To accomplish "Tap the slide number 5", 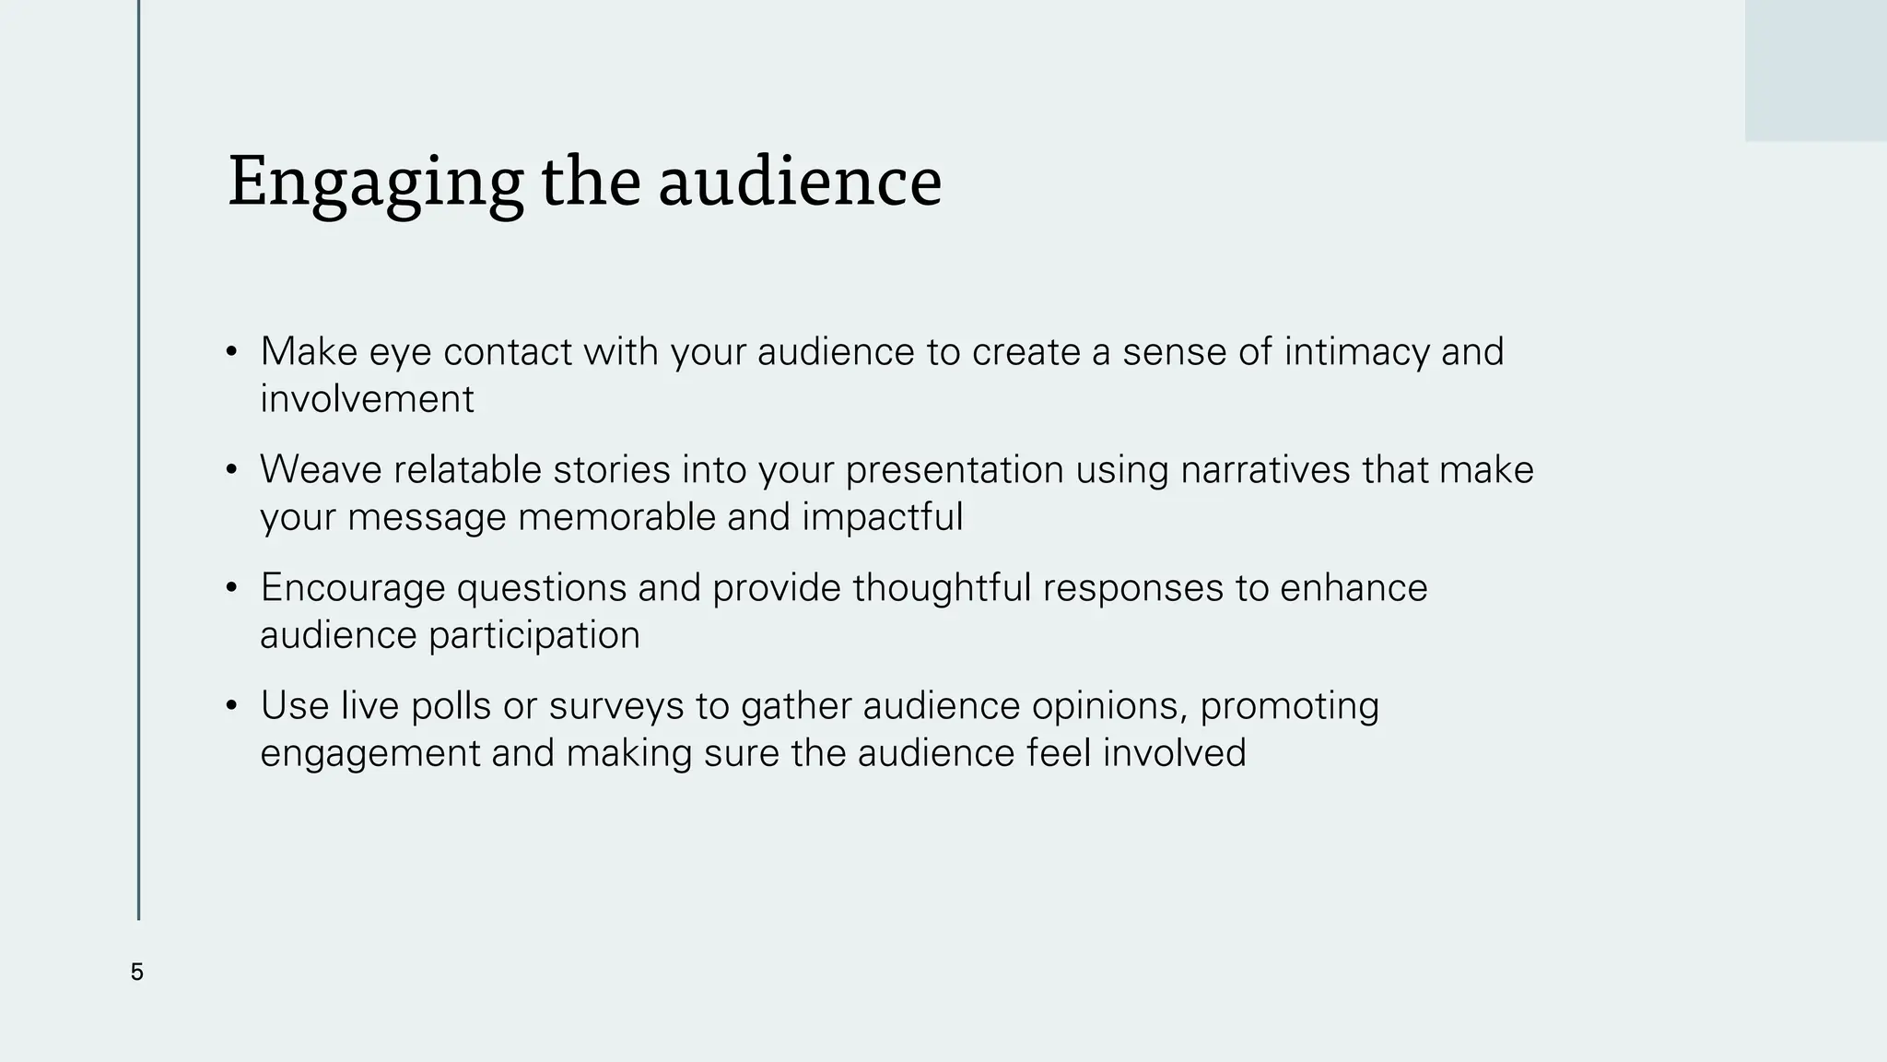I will click(x=137, y=973).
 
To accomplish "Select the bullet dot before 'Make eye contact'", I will click(x=231, y=353).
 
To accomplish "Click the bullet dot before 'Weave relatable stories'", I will click(x=231, y=471).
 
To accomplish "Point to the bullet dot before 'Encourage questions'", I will click(x=231, y=589).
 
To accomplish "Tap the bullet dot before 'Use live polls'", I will click(x=231, y=707).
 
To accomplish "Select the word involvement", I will click(x=367, y=399).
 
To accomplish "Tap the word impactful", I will click(x=882, y=517).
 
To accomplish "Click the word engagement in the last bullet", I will click(x=369, y=754).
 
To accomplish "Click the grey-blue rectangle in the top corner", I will click(x=1815, y=70).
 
